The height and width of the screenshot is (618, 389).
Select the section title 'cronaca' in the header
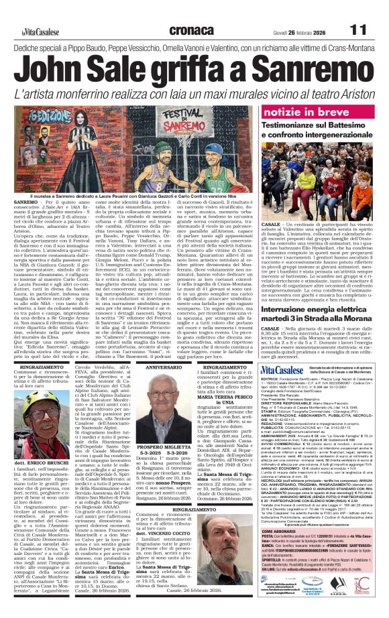click(151, 11)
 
